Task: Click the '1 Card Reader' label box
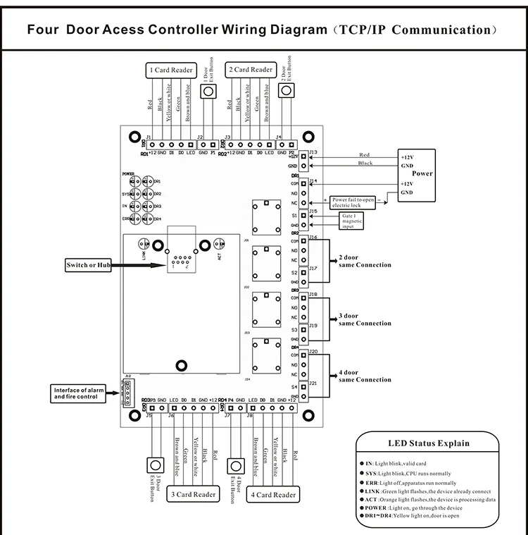[x=170, y=70]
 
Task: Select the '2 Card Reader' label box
[x=250, y=70]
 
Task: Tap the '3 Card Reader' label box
[x=193, y=495]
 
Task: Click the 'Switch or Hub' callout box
[x=89, y=265]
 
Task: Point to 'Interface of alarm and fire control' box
[x=80, y=393]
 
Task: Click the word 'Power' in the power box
[x=423, y=173]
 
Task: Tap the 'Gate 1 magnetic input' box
[x=351, y=222]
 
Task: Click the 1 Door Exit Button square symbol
[x=208, y=92]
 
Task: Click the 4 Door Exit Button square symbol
[x=234, y=465]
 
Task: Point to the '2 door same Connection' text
[x=365, y=262]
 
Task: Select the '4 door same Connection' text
[x=365, y=376]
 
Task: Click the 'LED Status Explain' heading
[x=429, y=443]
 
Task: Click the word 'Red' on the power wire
[x=364, y=155]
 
